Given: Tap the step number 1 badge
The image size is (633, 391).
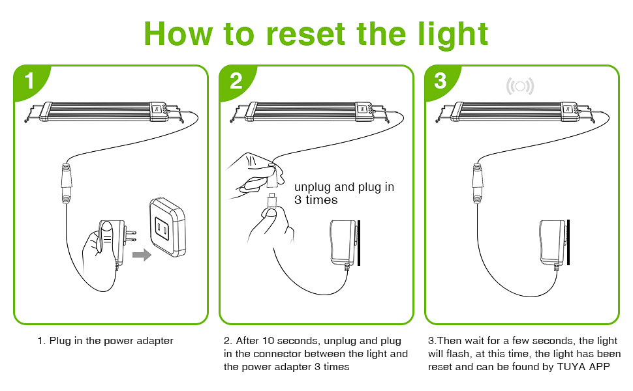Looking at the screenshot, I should [x=29, y=81].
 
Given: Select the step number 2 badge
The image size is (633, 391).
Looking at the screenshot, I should [x=236, y=81].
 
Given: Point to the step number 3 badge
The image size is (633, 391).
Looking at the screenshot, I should [x=440, y=81].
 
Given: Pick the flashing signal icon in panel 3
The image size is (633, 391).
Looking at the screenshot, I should [x=520, y=86].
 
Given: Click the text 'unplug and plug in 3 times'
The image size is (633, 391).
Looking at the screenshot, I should [x=343, y=194].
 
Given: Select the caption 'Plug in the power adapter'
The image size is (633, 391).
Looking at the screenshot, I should [x=106, y=341].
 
